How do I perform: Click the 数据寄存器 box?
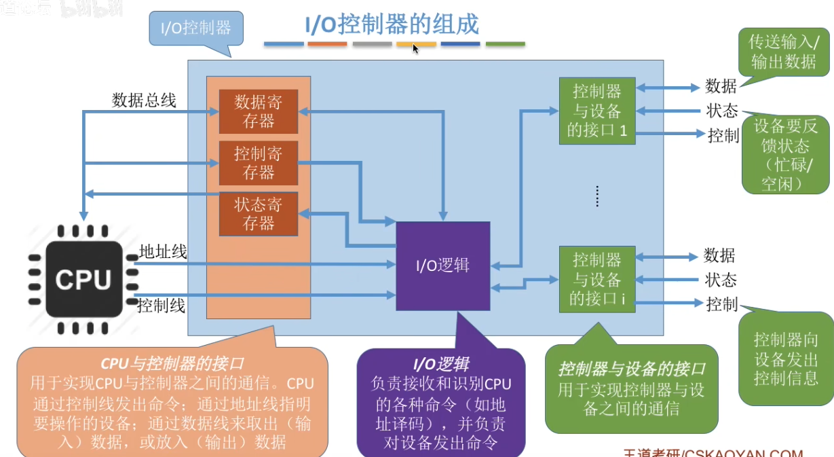tap(258, 111)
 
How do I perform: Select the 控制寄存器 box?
tap(258, 163)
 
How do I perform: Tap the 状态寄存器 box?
tap(258, 214)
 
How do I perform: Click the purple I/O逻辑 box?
tap(442, 266)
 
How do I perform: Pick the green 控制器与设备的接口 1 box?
tap(597, 110)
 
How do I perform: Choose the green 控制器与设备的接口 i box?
tap(597, 279)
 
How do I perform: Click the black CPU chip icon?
tap(83, 279)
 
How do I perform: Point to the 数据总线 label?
tap(144, 100)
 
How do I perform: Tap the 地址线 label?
tap(163, 252)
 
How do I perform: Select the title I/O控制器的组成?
tap(392, 24)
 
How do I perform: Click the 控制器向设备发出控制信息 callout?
tap(786, 359)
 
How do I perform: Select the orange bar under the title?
tap(327, 44)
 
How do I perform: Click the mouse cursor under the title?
tap(415, 48)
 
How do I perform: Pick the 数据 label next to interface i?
tap(719, 256)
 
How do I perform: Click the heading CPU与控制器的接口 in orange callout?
tap(172, 363)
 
